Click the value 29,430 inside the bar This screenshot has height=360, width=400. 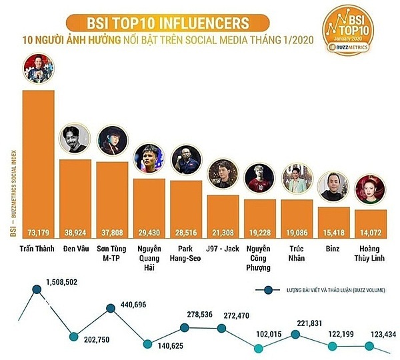149,232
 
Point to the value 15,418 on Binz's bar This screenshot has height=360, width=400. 334,232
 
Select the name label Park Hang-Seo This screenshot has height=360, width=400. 186,254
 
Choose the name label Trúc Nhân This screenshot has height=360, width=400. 297,254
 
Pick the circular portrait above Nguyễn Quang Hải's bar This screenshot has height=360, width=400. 149,159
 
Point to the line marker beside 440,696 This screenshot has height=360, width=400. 111,309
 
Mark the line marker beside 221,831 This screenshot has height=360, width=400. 295,332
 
